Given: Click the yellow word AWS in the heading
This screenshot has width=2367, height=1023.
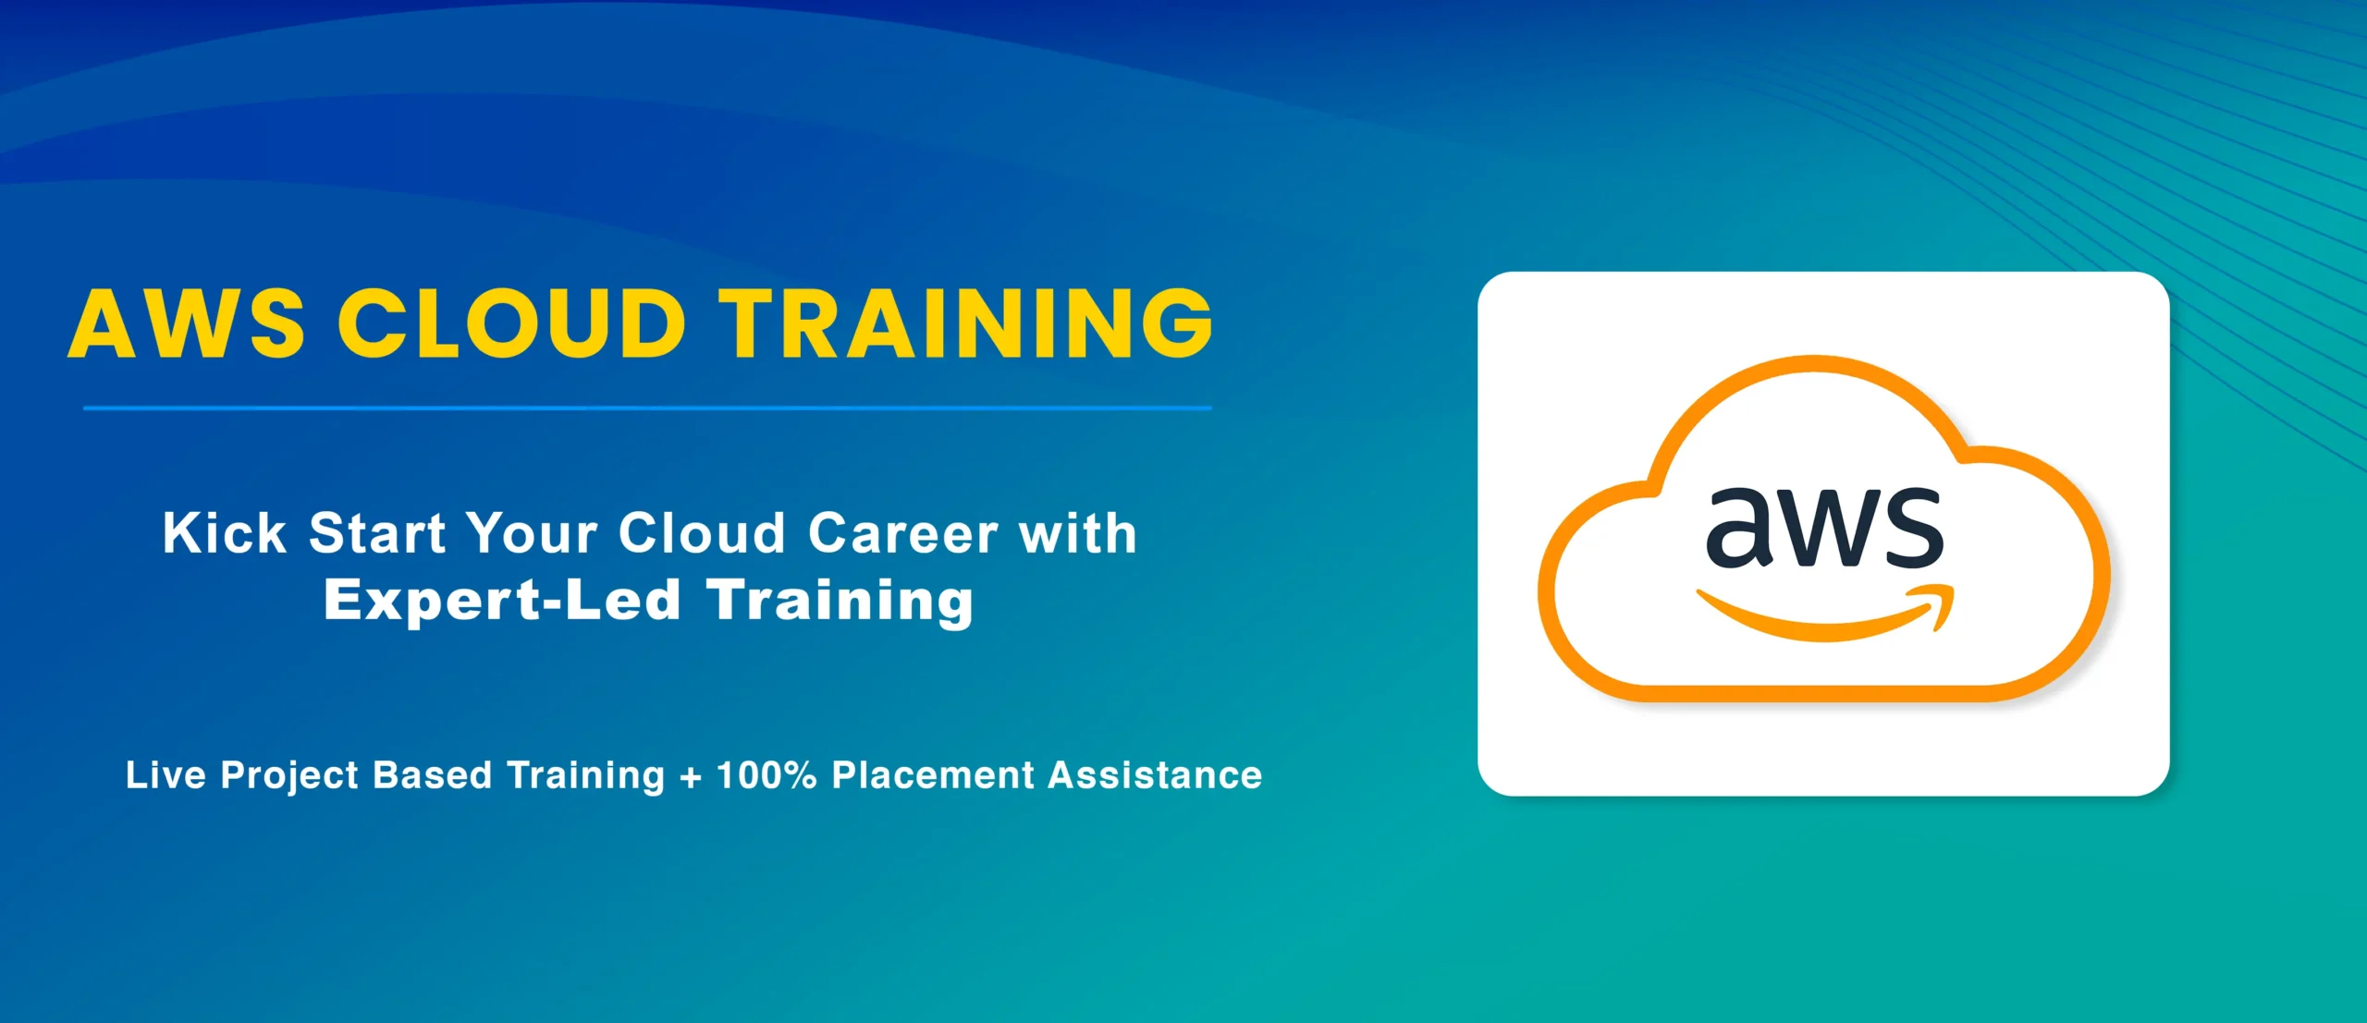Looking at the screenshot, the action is click(186, 323).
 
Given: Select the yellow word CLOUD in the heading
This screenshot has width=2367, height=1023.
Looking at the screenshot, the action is click(511, 323).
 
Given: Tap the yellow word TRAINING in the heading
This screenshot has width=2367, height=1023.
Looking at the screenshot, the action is click(966, 323).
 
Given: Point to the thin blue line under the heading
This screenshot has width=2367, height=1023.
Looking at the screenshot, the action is click(647, 408).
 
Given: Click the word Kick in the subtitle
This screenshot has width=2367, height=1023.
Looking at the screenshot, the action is click(225, 533).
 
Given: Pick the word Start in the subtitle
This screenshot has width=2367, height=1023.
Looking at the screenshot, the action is click(377, 533).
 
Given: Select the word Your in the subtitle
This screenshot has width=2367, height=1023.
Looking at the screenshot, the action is click(532, 533).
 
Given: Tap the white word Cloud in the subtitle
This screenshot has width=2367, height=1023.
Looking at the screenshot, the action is click(702, 533).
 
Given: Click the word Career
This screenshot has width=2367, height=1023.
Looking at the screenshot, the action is click(903, 533).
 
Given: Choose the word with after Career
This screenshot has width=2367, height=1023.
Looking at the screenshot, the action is click(1078, 533).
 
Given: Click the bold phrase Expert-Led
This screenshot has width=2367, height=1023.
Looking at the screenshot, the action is click(502, 601).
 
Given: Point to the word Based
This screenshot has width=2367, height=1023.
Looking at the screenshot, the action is click(432, 774).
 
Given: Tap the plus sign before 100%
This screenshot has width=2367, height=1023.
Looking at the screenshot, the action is click(690, 777).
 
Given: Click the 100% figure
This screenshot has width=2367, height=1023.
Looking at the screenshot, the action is click(767, 774).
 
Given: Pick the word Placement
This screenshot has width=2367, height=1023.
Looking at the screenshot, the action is click(933, 774).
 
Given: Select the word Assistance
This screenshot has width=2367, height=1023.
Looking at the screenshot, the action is click(1155, 774).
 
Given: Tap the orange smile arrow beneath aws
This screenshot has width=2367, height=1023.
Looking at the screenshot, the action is click(1825, 614).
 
